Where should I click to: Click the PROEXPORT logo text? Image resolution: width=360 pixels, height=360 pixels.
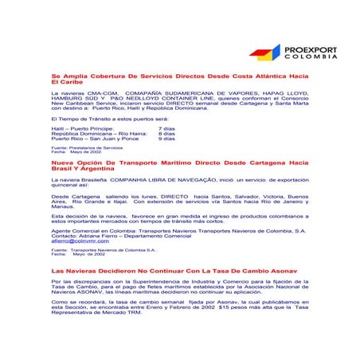[x=311, y=50]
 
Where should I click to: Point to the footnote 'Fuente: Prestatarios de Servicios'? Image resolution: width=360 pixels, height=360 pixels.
[x=87, y=147]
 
